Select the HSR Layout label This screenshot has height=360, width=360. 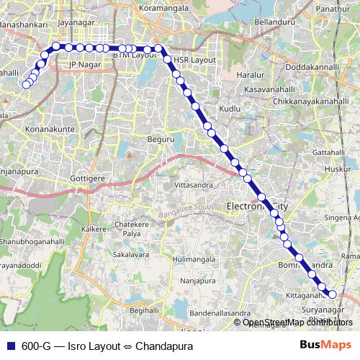click(196, 60)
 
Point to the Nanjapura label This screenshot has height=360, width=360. click(198, 282)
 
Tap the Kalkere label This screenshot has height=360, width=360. click(94, 228)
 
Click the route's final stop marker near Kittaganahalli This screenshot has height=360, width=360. click(333, 293)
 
